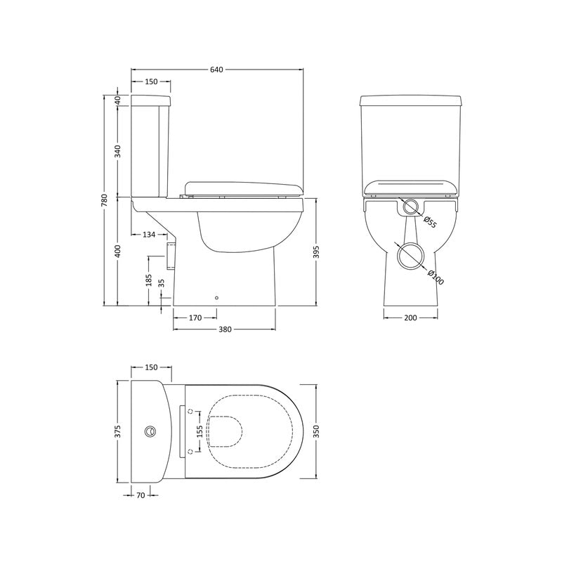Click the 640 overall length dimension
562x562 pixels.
point(216,70)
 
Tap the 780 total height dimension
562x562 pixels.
point(105,200)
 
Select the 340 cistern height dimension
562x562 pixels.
point(118,150)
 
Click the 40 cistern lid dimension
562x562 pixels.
point(118,99)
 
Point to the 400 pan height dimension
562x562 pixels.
point(118,251)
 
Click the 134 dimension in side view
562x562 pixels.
point(149,234)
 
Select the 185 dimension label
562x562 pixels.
point(148,280)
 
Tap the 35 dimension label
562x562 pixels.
point(162,283)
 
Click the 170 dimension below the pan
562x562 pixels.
point(195,318)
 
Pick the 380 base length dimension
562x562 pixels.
point(225,329)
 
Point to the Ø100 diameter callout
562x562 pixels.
point(434,277)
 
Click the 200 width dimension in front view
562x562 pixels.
point(412,318)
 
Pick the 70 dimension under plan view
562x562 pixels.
point(140,495)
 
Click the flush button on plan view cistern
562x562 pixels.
point(150,431)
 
